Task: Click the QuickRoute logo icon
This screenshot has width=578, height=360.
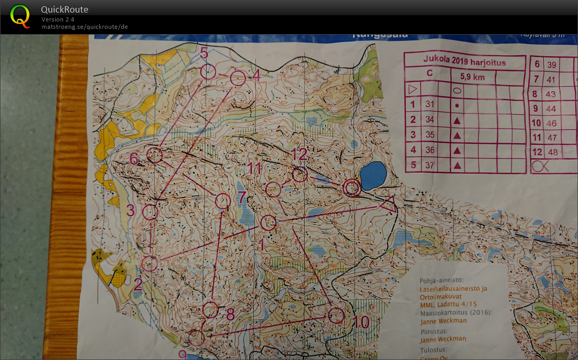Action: (20, 16)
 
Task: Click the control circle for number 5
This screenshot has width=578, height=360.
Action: (208, 71)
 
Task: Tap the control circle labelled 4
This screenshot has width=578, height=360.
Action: (238, 78)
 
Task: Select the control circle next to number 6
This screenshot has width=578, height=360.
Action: (155, 155)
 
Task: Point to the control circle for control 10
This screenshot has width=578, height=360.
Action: (336, 315)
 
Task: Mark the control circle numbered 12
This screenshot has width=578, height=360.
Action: (299, 175)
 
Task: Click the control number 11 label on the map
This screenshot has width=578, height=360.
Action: (254, 168)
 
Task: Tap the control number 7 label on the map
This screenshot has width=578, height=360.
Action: (242, 198)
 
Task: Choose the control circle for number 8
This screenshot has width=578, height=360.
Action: (210, 310)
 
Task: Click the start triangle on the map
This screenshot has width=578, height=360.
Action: (388, 204)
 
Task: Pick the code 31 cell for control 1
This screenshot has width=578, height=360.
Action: (430, 104)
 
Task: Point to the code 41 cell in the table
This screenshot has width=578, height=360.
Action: (551, 80)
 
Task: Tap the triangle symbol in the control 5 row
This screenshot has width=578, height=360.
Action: (457, 165)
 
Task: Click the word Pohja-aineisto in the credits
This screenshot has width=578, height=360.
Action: (440, 280)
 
